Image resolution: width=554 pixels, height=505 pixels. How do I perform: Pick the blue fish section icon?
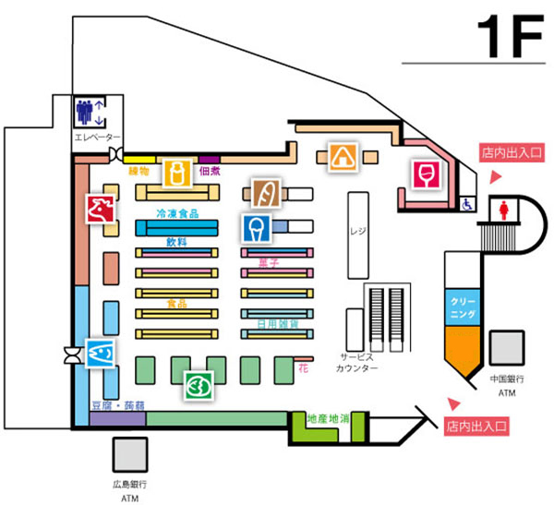(x=100, y=352)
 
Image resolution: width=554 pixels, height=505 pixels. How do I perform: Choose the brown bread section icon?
(x=264, y=193)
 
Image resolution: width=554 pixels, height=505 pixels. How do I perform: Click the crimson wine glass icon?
(x=426, y=174)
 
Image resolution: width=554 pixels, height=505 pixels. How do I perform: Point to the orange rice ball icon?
(x=342, y=157)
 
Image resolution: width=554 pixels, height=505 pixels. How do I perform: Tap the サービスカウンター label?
(x=357, y=362)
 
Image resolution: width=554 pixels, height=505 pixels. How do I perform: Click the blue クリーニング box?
(x=463, y=307)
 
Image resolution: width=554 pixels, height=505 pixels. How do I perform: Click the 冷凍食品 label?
(x=179, y=213)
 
